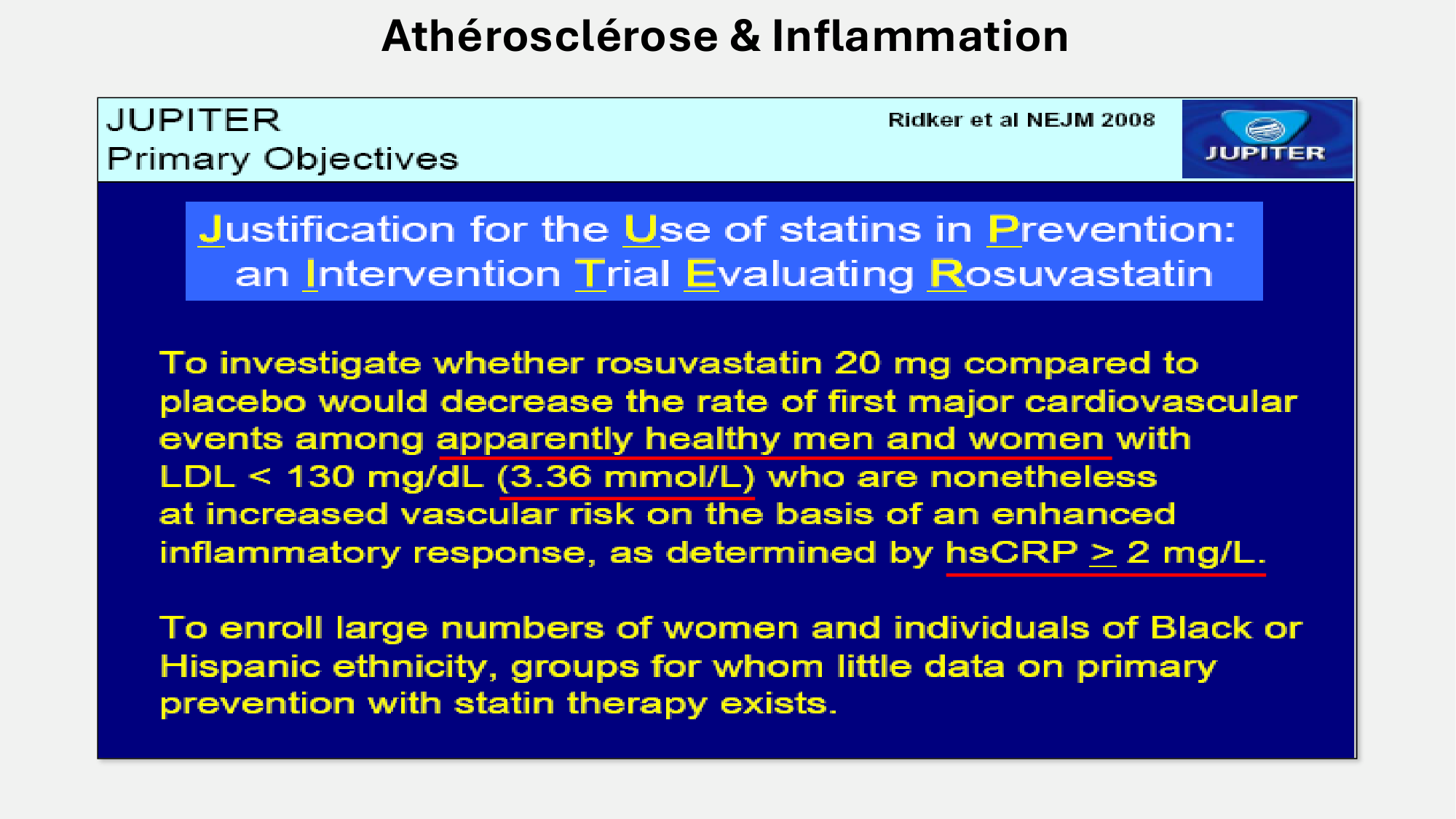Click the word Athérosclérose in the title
coord(550,36)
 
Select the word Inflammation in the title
coord(920,36)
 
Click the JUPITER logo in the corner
coord(1267,138)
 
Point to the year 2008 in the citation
coord(1128,120)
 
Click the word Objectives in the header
coord(361,159)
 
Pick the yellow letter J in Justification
coord(211,229)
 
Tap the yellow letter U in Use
coord(641,229)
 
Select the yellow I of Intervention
coord(312,274)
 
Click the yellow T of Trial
coord(590,274)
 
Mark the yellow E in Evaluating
coord(702,274)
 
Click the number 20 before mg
coord(858,363)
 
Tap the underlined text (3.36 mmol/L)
coord(626,478)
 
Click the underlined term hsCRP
coord(1011,553)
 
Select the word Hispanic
coord(240,667)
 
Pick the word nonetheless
coord(1043,477)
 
